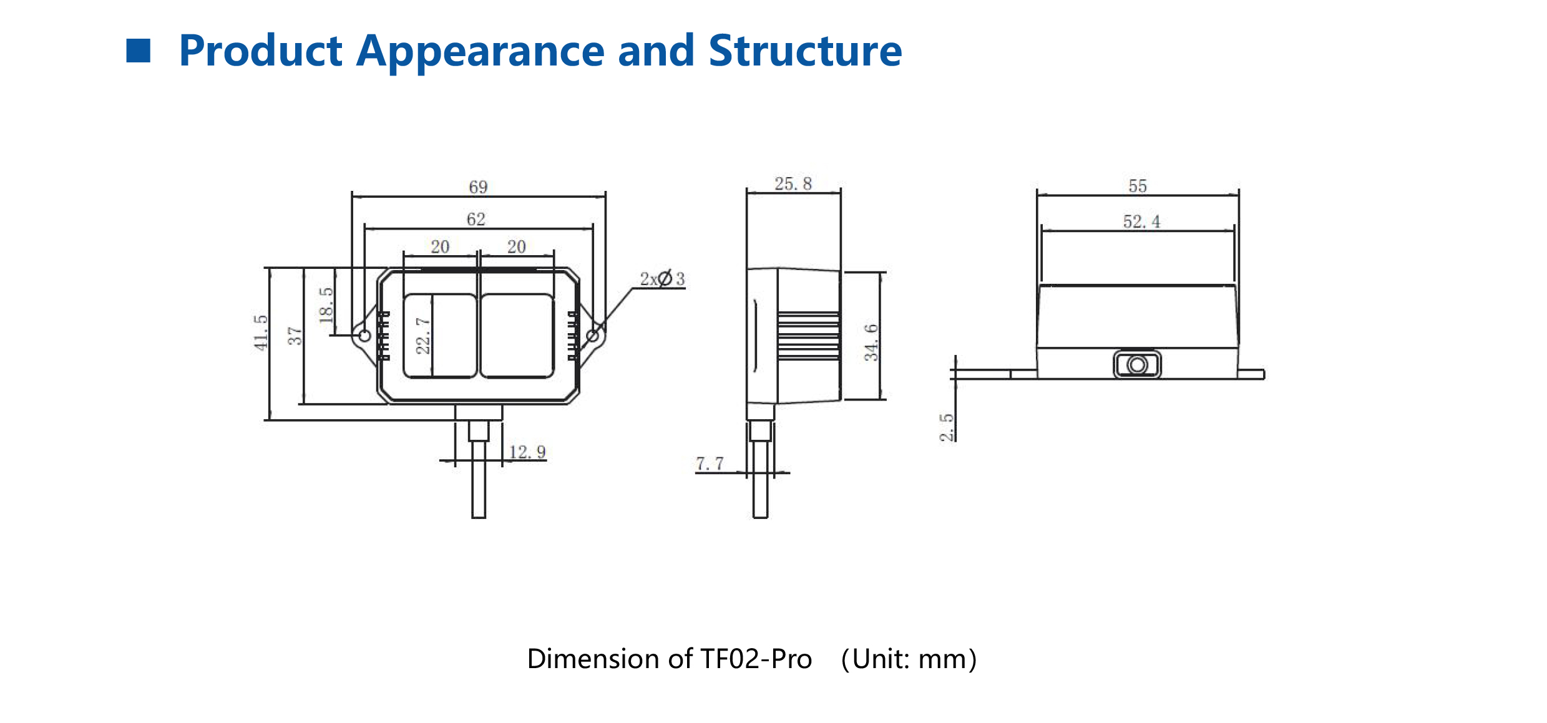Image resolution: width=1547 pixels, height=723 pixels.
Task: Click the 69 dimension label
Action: click(x=478, y=187)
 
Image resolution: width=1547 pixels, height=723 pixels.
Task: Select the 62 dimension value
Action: click(x=476, y=219)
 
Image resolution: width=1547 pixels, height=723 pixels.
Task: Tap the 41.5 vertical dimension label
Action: click(x=260, y=332)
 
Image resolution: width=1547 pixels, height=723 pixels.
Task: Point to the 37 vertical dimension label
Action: click(x=294, y=336)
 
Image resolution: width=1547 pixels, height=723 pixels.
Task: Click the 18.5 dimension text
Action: click(x=326, y=305)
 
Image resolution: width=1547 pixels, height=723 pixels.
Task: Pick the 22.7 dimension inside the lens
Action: click(x=422, y=335)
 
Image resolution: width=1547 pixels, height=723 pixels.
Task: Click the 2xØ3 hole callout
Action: click(x=662, y=279)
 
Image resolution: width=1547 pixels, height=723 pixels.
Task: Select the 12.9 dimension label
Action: click(x=527, y=452)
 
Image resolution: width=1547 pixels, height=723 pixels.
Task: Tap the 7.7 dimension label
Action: click(x=710, y=463)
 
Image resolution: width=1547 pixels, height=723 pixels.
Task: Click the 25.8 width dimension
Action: click(x=793, y=183)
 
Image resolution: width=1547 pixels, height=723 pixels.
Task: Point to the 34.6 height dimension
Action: click(x=871, y=342)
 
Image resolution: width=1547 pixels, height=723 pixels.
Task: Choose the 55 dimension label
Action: click(x=1137, y=186)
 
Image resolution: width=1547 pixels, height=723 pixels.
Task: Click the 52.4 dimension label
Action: click(x=1141, y=221)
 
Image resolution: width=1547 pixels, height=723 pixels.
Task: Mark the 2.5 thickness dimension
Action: click(x=946, y=427)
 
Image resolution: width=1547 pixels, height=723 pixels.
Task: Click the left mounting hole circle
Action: click(x=365, y=336)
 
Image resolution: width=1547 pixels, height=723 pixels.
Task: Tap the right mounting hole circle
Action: click(x=593, y=336)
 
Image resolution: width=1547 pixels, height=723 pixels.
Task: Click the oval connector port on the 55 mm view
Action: click(x=1137, y=364)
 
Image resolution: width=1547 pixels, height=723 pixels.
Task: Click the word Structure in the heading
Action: click(x=805, y=51)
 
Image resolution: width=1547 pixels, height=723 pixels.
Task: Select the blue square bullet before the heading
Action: click(x=139, y=51)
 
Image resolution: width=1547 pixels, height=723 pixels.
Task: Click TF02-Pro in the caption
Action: click(x=756, y=659)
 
